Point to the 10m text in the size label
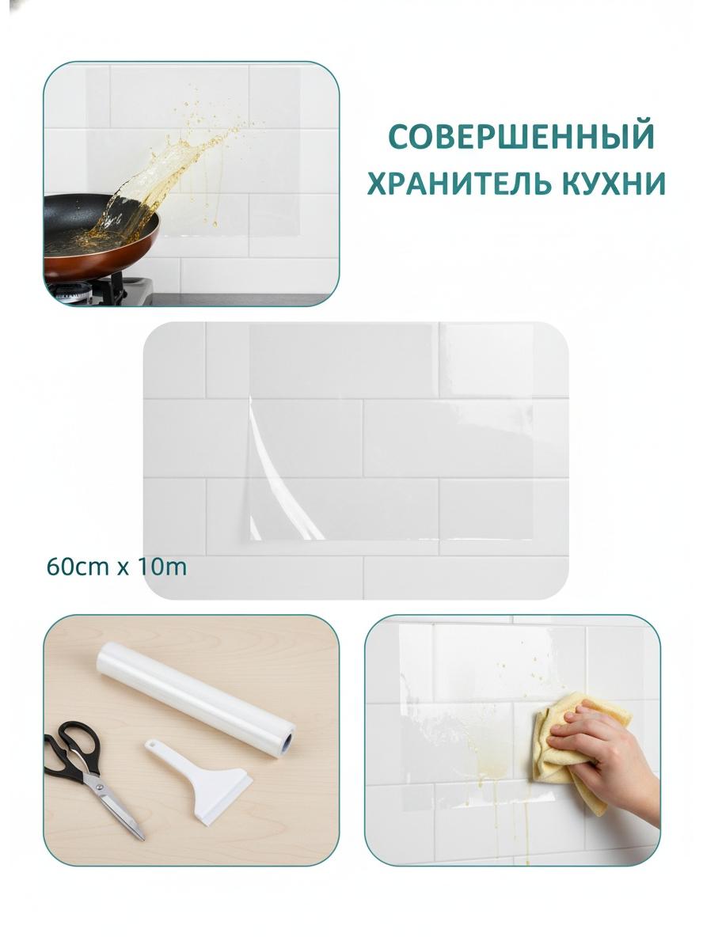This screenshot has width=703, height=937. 161,567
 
